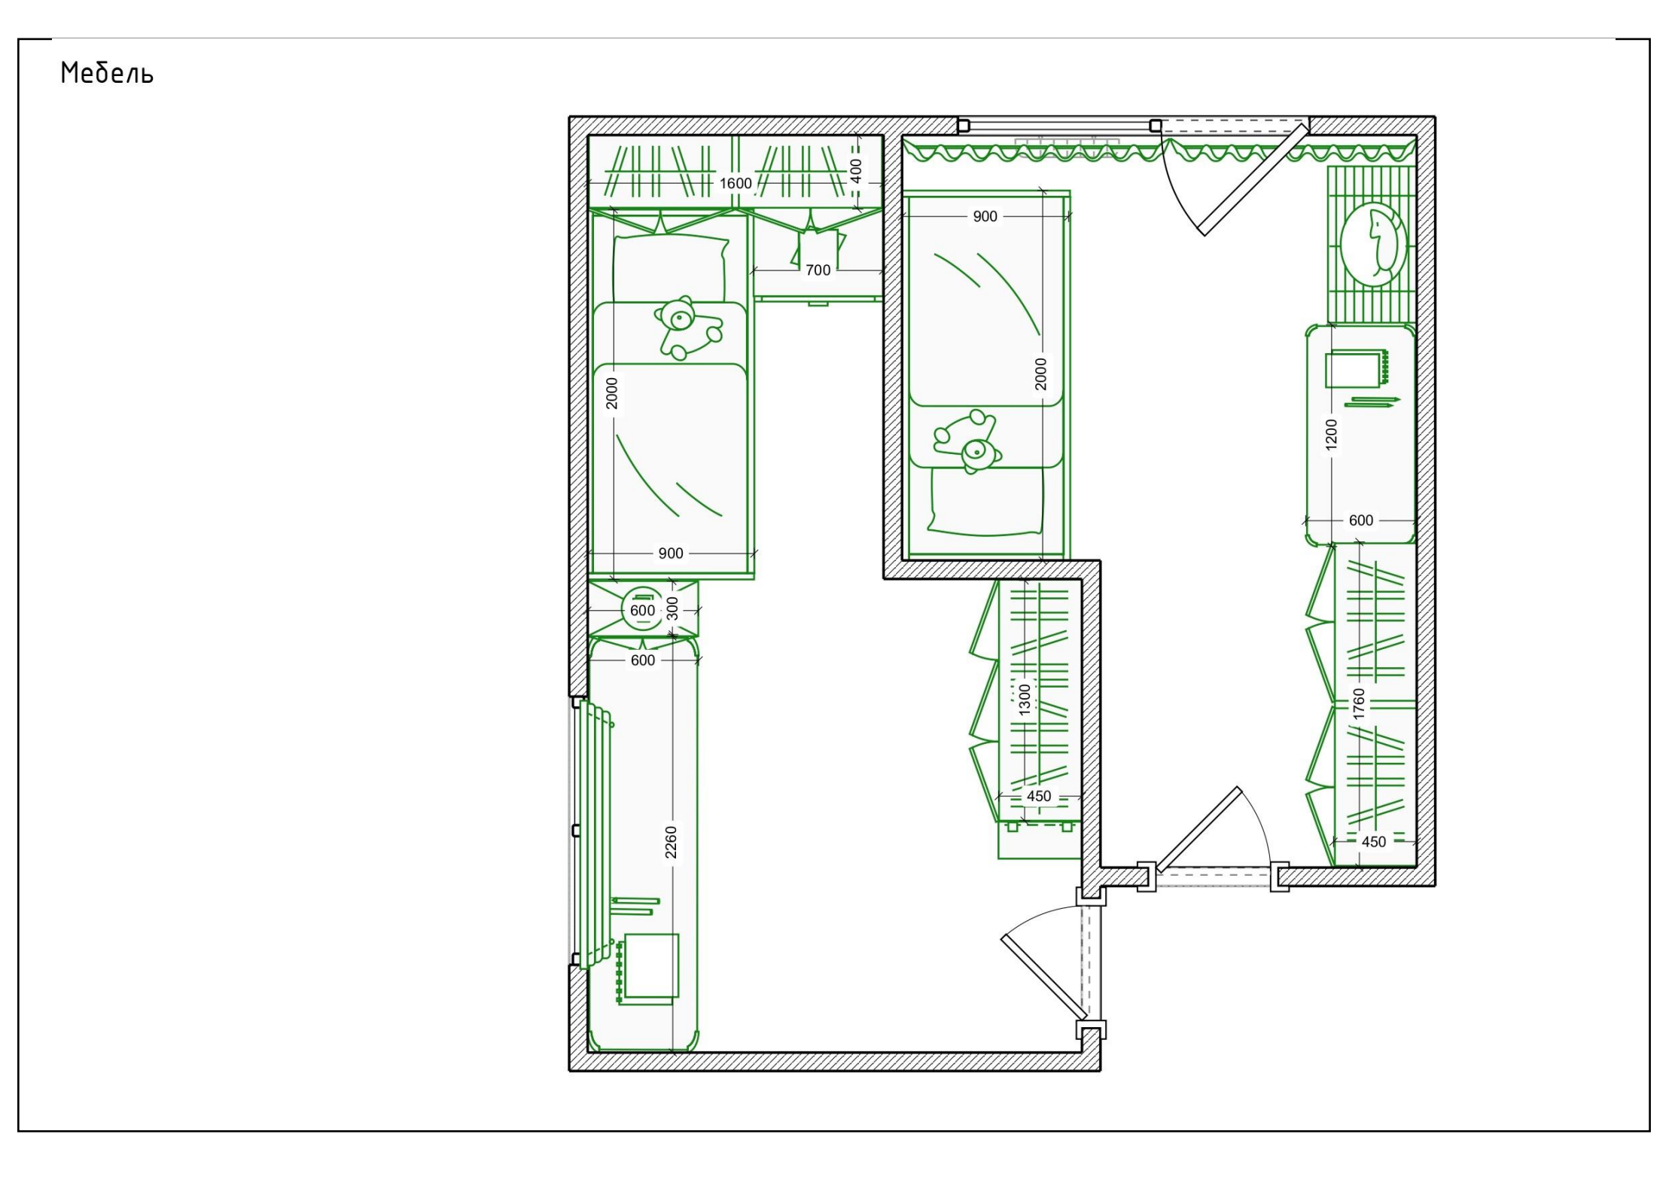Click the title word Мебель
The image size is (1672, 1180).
click(107, 73)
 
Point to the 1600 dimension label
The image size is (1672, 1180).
click(735, 184)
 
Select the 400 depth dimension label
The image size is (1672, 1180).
click(856, 171)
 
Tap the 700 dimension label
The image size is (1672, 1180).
click(818, 270)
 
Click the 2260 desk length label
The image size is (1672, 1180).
click(672, 842)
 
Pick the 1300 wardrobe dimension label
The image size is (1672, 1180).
click(1025, 700)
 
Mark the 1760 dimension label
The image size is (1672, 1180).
click(1359, 703)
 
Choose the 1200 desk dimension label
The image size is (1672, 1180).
click(1332, 435)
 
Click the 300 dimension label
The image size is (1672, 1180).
click(673, 608)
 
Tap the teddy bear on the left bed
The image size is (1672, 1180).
click(687, 328)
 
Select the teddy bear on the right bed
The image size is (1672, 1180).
click(967, 442)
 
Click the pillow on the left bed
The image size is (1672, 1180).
click(671, 268)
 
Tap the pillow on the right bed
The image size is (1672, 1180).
click(986, 502)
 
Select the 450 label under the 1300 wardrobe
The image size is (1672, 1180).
click(1039, 796)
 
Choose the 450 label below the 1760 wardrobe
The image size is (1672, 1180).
click(1374, 842)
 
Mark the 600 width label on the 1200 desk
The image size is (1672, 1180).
click(1361, 520)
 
